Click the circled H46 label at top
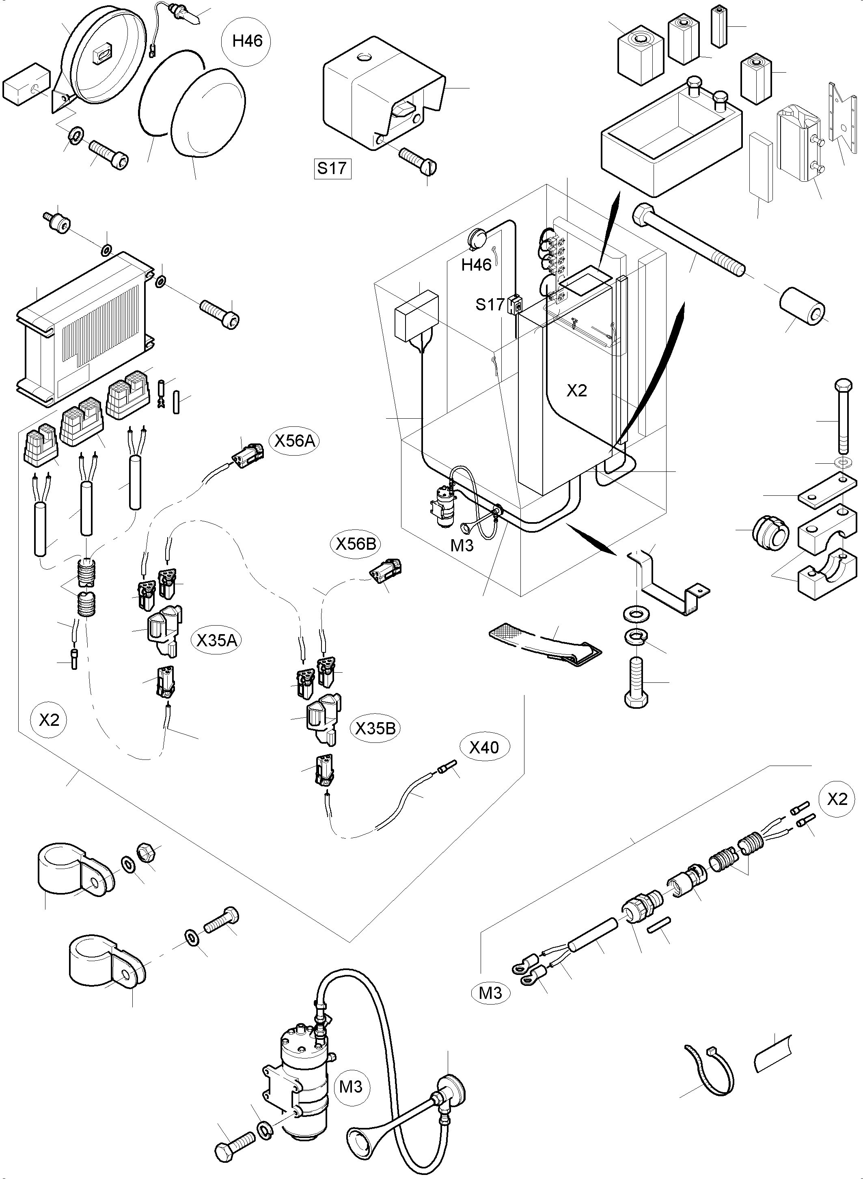[x=247, y=41]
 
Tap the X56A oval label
[x=296, y=441]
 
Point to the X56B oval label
[x=355, y=544]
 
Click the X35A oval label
[x=216, y=640]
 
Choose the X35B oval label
[x=375, y=728]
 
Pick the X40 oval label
[x=484, y=748]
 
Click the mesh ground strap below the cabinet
[x=543, y=644]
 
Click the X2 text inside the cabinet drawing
[x=577, y=391]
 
